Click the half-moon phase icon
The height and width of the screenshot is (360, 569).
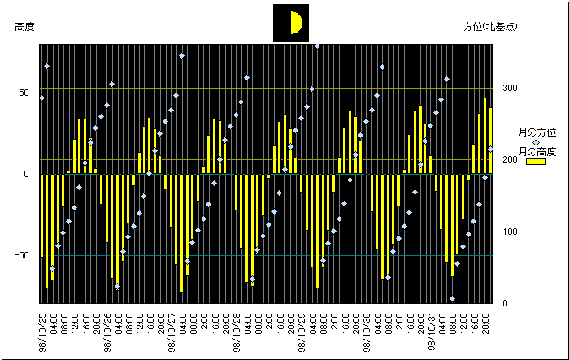click(x=291, y=22)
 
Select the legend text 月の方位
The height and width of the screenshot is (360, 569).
click(x=537, y=132)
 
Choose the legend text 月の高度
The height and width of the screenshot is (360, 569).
click(x=537, y=152)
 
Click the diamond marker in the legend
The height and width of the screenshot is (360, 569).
click(x=536, y=142)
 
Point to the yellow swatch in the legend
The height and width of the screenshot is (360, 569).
click(x=536, y=162)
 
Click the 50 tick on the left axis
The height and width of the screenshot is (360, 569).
click(x=25, y=93)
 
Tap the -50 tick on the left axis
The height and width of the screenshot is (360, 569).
click(x=24, y=256)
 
